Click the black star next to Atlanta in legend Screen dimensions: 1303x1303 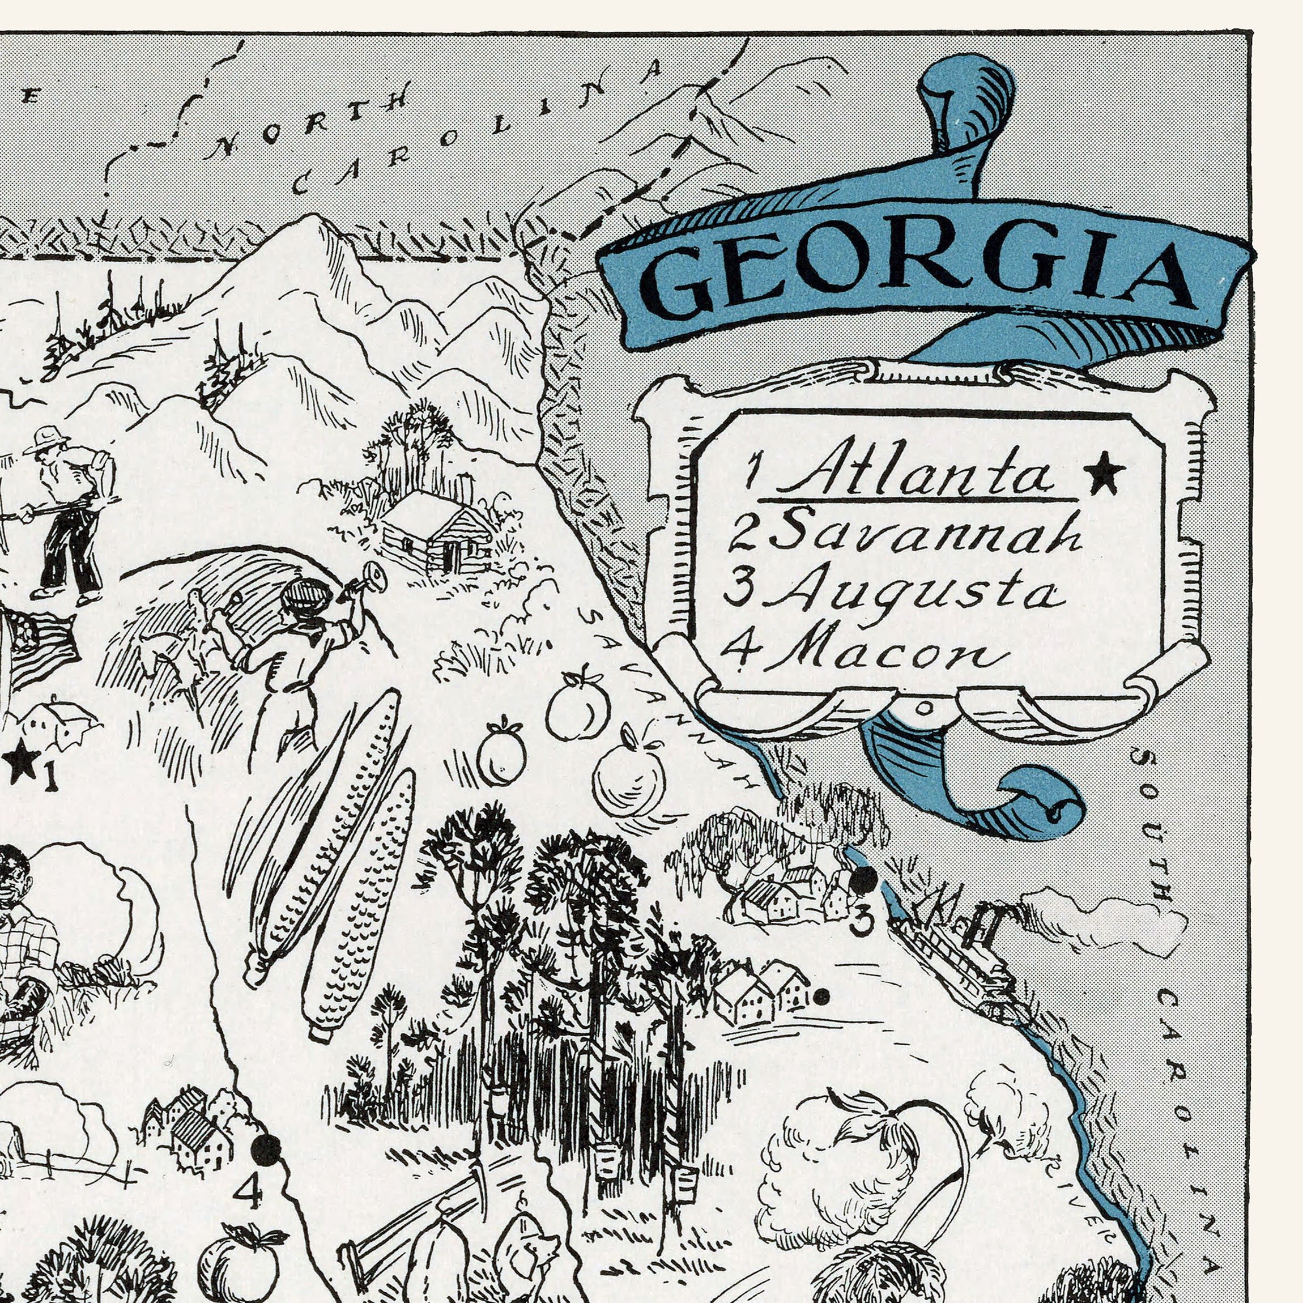1104,473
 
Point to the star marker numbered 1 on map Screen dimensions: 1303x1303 22,761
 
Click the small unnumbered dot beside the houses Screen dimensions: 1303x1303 821,996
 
